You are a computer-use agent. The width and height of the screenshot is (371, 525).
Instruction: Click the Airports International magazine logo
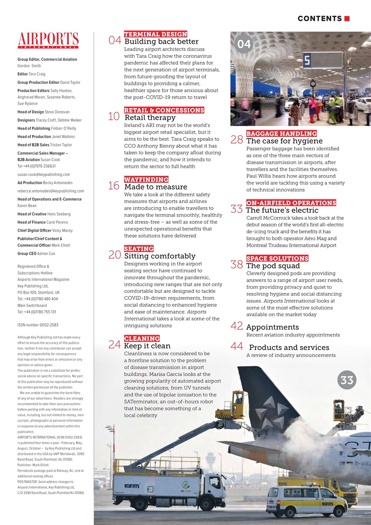48,41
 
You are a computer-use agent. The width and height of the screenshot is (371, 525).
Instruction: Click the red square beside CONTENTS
347,18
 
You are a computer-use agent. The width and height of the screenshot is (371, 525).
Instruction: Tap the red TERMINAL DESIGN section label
155,34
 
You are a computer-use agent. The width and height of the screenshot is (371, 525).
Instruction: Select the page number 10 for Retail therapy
114,116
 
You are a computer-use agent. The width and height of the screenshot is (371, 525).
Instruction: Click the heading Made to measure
156,187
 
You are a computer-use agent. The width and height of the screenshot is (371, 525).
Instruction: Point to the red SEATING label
139,249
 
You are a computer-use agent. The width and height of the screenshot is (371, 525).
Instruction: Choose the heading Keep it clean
147,346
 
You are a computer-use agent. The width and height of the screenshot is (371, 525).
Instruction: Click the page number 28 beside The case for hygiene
237,140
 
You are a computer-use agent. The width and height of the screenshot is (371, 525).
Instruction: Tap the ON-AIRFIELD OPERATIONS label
291,203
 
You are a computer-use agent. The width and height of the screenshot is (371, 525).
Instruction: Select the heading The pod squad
273,266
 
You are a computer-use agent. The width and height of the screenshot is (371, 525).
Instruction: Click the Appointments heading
272,327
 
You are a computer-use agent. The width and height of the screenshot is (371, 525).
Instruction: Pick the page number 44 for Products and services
237,346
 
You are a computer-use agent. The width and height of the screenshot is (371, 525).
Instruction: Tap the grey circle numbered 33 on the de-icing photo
346,380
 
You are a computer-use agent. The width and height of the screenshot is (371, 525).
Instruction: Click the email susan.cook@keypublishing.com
43,174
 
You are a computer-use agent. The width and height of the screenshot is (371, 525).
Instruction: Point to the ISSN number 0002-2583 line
38,325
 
